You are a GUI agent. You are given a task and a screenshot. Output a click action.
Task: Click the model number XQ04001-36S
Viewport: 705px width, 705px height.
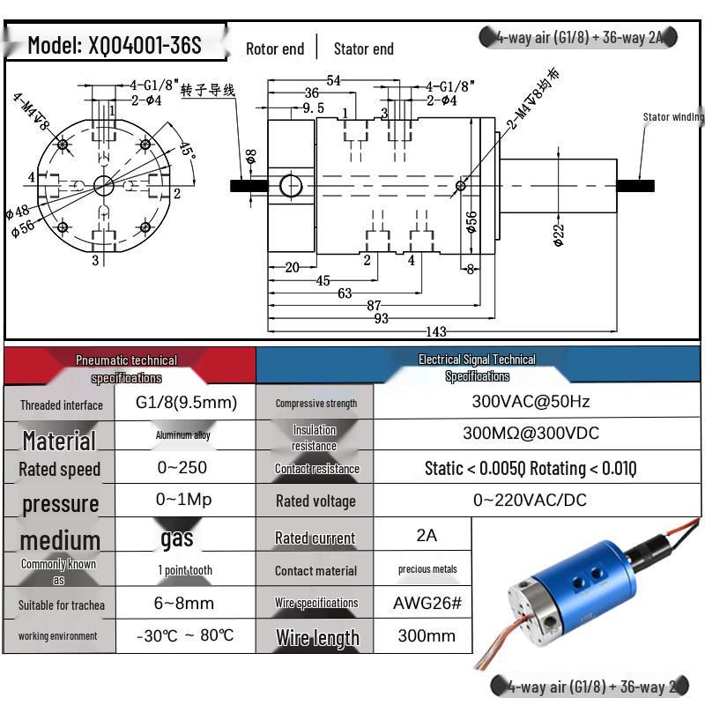click(115, 45)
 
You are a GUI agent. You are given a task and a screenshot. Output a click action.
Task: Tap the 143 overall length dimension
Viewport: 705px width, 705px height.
click(436, 332)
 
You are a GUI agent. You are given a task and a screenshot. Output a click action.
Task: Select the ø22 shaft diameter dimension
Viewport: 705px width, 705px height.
click(558, 234)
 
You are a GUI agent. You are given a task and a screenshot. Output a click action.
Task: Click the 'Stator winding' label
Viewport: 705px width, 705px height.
click(673, 116)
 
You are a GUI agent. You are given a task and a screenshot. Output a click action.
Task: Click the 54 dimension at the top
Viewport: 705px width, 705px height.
click(334, 81)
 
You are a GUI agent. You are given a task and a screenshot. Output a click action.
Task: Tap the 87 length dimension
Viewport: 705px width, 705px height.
click(374, 306)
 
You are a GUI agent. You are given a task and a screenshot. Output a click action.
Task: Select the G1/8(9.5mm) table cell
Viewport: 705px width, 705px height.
click(186, 403)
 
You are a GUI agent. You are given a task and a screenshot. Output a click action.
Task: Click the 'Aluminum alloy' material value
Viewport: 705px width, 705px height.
click(183, 435)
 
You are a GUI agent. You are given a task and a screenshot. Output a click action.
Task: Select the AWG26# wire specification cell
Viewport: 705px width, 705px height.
click(427, 604)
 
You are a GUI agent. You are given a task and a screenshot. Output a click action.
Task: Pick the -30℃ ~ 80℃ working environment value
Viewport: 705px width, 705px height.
click(186, 635)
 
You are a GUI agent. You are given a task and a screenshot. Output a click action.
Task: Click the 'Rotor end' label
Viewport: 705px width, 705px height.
click(275, 49)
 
